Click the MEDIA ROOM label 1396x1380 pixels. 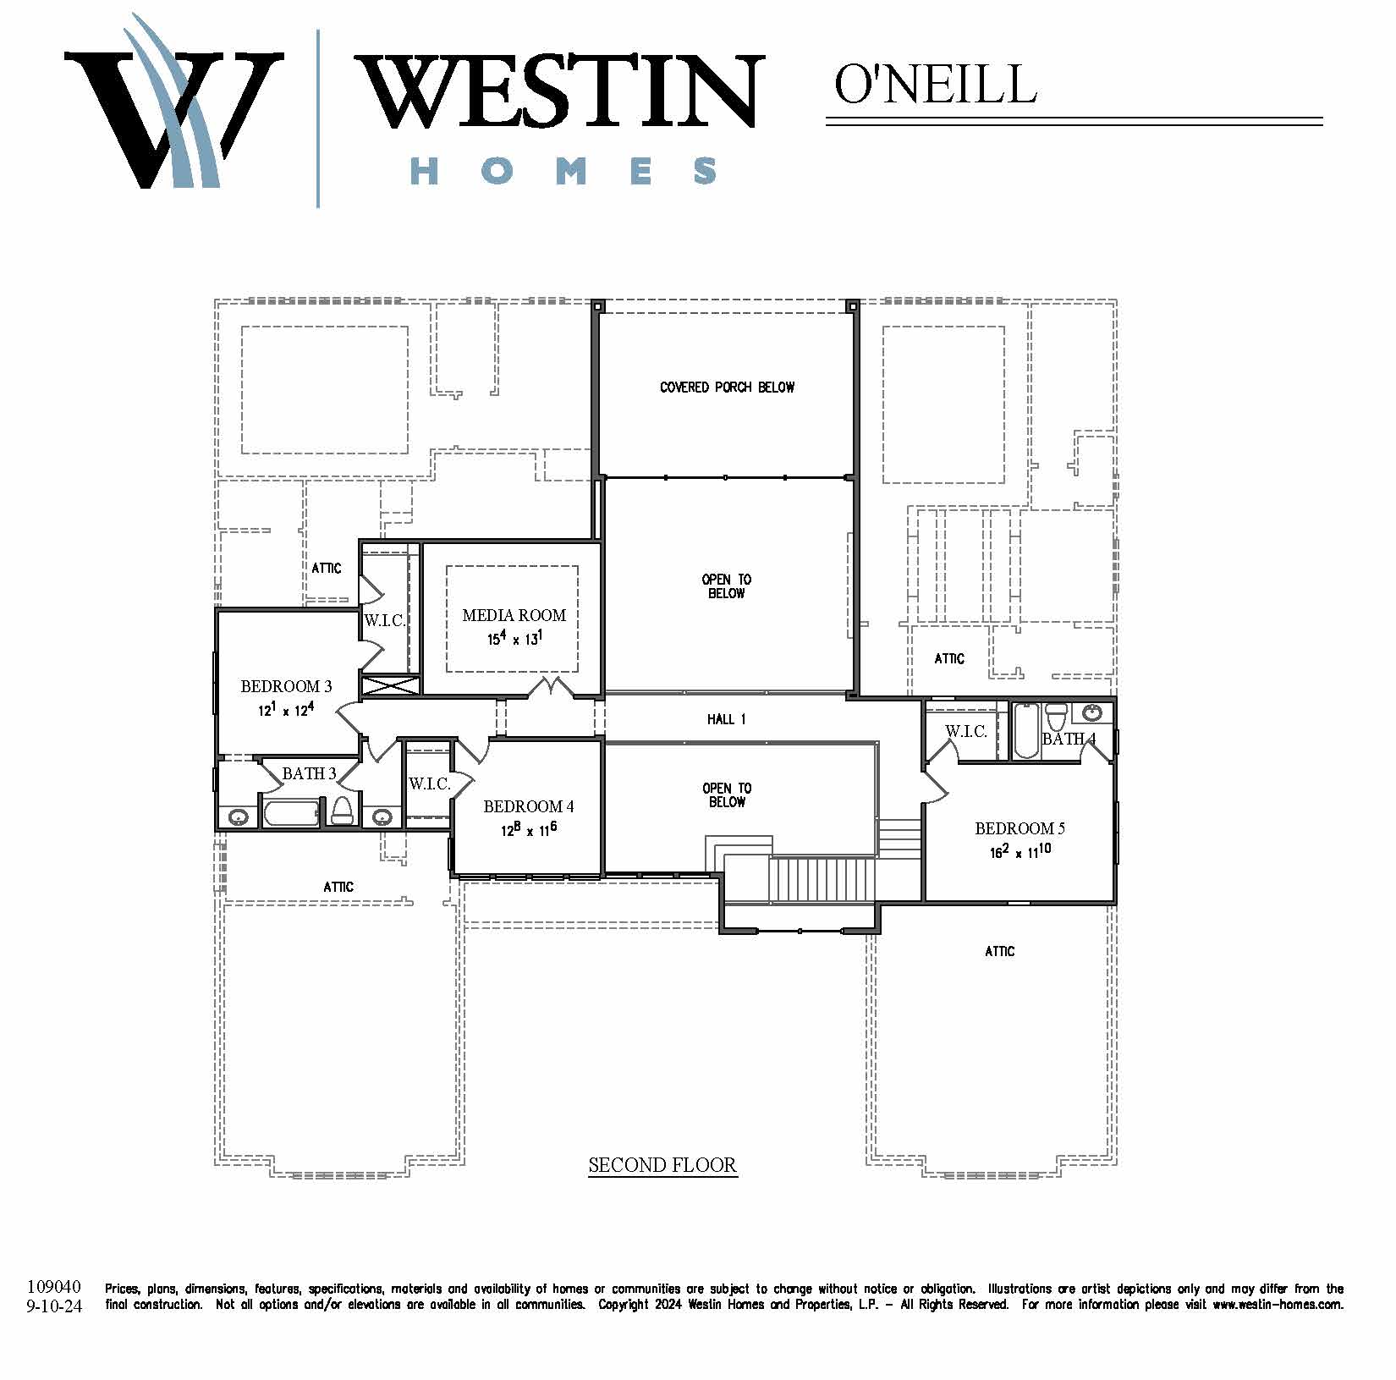point(514,615)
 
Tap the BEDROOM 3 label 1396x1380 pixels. point(286,686)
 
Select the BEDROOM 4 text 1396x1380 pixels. point(529,806)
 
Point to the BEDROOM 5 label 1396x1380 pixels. point(1020,828)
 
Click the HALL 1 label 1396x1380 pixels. point(726,719)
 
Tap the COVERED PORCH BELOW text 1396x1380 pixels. point(727,388)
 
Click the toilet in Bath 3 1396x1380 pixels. point(342,811)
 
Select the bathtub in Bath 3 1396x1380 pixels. point(292,813)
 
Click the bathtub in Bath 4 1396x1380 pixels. point(1025,730)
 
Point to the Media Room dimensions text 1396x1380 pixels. point(514,638)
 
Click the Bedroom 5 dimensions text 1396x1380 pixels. point(1020,850)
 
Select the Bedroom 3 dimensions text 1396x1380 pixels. point(286,709)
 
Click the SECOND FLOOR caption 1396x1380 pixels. point(662,1165)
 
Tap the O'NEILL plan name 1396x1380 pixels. point(936,83)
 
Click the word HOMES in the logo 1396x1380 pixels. point(563,171)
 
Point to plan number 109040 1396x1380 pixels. point(54,1287)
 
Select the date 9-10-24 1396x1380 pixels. point(54,1306)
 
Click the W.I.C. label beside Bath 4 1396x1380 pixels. point(966,731)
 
